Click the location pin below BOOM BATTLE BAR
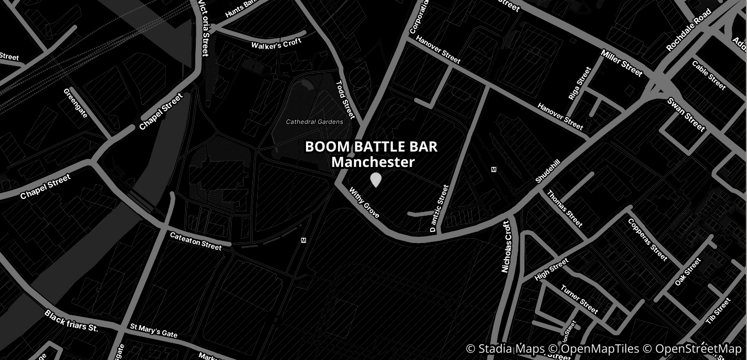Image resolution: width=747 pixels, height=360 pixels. pos(375,180)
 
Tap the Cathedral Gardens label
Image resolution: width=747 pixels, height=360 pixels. pos(314,122)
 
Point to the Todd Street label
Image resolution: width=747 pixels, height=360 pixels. pos(345,99)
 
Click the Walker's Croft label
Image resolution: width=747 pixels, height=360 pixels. pos(276,44)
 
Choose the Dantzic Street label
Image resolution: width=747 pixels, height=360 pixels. pos(439,208)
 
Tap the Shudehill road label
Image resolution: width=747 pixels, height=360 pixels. pos(548,172)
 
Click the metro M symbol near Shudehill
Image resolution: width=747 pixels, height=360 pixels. pos(493,170)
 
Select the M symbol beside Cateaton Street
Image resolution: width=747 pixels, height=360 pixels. pos(303,240)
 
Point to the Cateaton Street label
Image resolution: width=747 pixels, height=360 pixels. pos(196,241)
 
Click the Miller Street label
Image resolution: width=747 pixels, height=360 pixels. pos(622,63)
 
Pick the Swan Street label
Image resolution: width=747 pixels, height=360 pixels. pos(686,114)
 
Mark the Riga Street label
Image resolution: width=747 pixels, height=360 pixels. pos(580,83)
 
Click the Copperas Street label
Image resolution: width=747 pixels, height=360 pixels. pos(647,239)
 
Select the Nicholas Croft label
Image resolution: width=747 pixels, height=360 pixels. pos(506,246)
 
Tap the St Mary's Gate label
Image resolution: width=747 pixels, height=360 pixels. pos(154,331)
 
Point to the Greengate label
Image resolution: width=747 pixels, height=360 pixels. pos(76,103)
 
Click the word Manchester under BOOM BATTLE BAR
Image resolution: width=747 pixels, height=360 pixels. pos(373,162)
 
